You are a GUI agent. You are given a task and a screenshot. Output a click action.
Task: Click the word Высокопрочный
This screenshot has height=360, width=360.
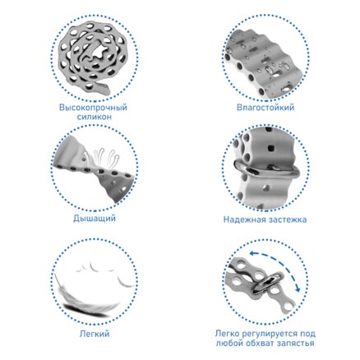pos(93,107)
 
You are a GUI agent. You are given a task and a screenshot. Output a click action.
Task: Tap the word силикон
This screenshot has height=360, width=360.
pos(94,117)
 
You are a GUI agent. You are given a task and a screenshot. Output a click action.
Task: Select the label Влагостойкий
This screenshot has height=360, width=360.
pos(265,107)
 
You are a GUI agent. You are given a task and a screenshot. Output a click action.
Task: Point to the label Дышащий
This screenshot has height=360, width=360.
pos(94,219)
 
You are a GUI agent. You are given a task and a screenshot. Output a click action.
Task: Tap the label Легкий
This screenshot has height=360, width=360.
pos(95,334)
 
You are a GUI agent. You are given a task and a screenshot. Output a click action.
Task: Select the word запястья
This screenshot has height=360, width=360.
pos(296,344)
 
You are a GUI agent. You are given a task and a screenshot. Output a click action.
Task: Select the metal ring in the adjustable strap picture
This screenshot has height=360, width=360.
pos(268,284)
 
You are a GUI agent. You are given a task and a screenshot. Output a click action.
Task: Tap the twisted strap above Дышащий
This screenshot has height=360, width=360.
pos(95,170)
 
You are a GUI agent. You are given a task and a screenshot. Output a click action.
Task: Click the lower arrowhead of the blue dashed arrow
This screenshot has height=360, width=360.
pos(298,289)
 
